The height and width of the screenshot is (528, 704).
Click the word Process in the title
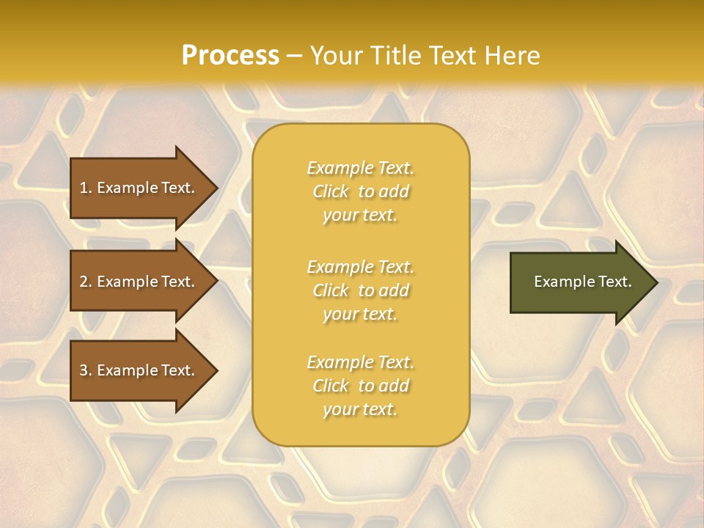pyautogui.click(x=230, y=55)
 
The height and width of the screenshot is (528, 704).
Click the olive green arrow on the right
pyautogui.click(x=579, y=282)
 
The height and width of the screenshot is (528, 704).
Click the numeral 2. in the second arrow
pyautogui.click(x=85, y=282)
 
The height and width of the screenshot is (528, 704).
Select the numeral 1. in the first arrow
pyautogui.click(x=85, y=188)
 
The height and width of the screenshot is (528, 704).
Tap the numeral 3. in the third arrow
pyautogui.click(x=85, y=370)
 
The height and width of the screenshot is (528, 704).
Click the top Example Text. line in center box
pyautogui.click(x=360, y=168)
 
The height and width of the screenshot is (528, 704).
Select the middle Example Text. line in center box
pyautogui.click(x=360, y=267)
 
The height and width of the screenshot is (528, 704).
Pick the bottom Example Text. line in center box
pyautogui.click(x=360, y=362)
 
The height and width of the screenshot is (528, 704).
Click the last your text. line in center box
pyautogui.click(x=360, y=409)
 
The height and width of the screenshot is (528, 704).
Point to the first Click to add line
pyautogui.click(x=360, y=191)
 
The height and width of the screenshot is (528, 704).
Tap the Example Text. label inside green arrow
pyautogui.click(x=582, y=282)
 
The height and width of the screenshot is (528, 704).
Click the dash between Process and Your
pyautogui.click(x=294, y=56)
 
